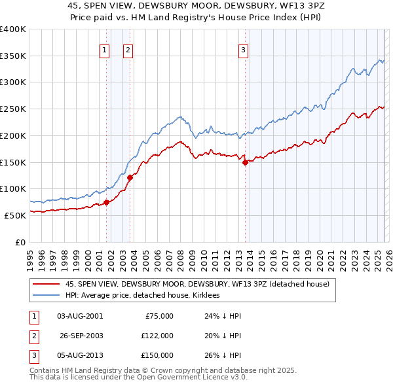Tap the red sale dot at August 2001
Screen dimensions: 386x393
106,202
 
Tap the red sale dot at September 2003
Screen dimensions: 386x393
130,177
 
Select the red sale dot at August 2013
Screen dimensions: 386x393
245,162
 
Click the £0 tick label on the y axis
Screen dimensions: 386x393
20,242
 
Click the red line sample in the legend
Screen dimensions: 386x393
46,285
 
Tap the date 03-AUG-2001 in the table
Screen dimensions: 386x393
80,316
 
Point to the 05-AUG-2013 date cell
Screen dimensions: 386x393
80,355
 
